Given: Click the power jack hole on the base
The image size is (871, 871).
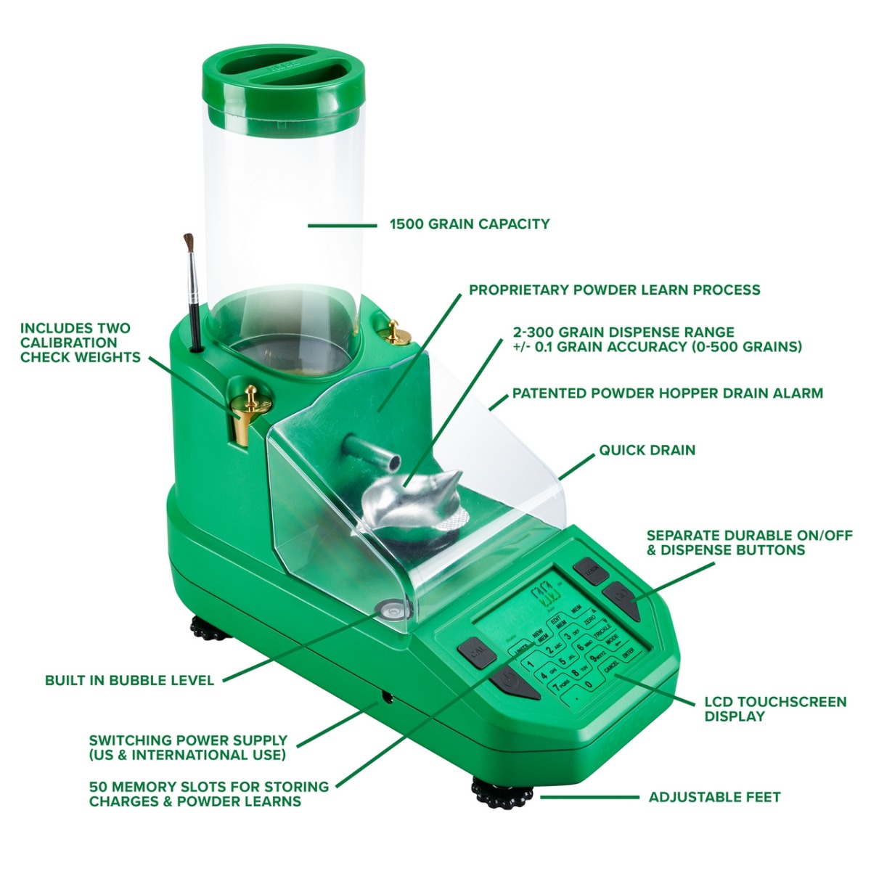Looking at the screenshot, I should tap(385, 698).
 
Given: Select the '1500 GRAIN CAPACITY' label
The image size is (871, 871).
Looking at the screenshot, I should tap(470, 224).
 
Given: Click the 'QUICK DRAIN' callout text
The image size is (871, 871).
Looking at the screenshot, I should tap(647, 450).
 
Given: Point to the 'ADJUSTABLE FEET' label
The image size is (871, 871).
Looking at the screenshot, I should tap(714, 796).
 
